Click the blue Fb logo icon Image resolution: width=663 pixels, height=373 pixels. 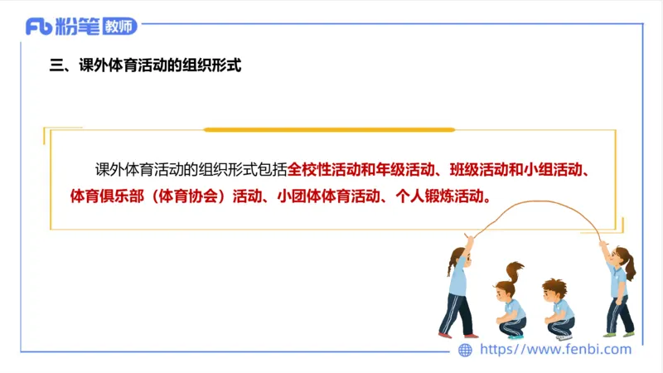pyautogui.click(x=39, y=27)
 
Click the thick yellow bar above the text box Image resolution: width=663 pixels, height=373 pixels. pyautogui.click(x=329, y=130)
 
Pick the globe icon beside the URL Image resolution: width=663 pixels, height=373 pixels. pyautogui.click(x=466, y=350)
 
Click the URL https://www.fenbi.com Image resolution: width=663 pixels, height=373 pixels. pyautogui.click(x=556, y=350)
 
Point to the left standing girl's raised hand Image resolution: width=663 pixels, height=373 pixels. pyautogui.click(x=471, y=240)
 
